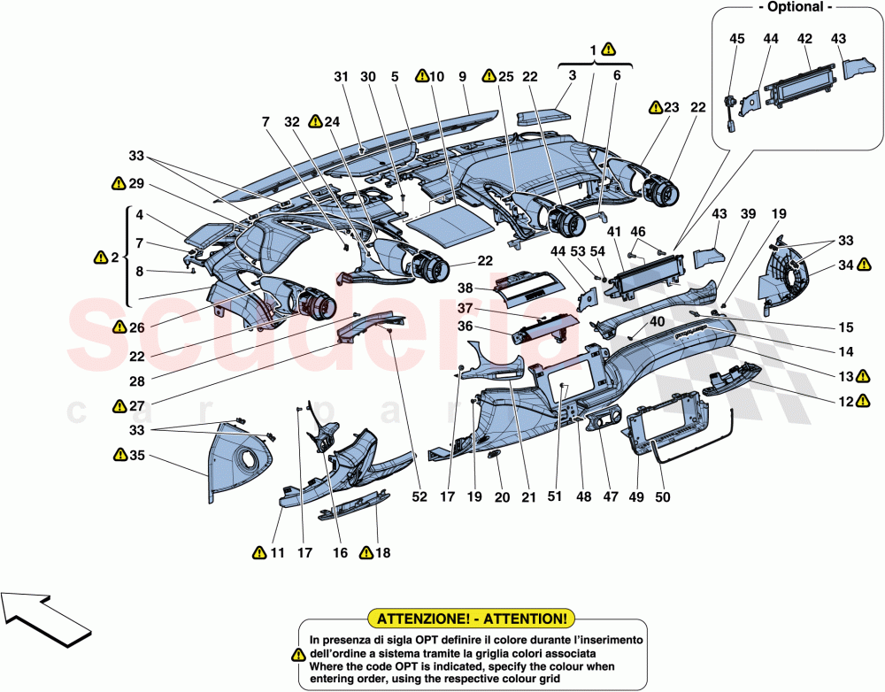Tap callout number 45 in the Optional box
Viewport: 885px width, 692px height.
tap(737, 38)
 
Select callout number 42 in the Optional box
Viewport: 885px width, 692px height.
tap(804, 38)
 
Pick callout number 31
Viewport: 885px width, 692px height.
tap(342, 77)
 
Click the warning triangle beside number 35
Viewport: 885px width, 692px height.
tap(119, 456)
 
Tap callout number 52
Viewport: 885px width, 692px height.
tap(419, 497)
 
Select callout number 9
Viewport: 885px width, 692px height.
tap(461, 77)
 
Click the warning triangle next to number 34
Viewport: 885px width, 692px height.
tap(862, 264)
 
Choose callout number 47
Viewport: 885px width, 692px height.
tap(610, 497)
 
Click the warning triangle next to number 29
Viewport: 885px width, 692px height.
tap(118, 183)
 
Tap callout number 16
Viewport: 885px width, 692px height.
tap(340, 553)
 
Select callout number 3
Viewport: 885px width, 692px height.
tap(573, 77)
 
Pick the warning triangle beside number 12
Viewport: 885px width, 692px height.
tap(862, 401)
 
